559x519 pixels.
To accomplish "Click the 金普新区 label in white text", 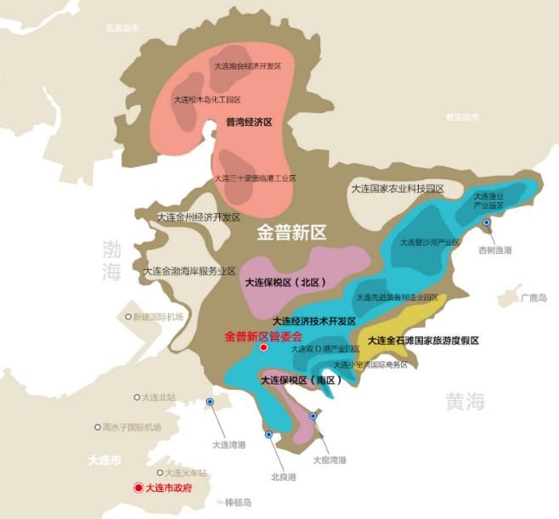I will (x=291, y=232).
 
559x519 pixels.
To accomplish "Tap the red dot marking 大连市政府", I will (x=138, y=488).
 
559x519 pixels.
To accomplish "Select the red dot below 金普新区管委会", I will (x=263, y=348).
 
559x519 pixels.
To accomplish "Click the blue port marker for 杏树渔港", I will (x=487, y=223).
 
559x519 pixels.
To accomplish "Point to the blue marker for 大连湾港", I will (x=211, y=402).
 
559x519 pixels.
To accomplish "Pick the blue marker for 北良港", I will (x=268, y=435).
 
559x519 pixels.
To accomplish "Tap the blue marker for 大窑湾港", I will (x=313, y=416).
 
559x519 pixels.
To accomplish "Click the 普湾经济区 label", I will (x=248, y=123).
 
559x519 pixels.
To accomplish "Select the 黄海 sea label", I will (x=465, y=402).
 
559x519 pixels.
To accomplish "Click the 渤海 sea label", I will (x=112, y=261).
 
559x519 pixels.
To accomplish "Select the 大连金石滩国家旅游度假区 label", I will (x=423, y=340).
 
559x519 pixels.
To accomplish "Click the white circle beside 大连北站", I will (x=137, y=397).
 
